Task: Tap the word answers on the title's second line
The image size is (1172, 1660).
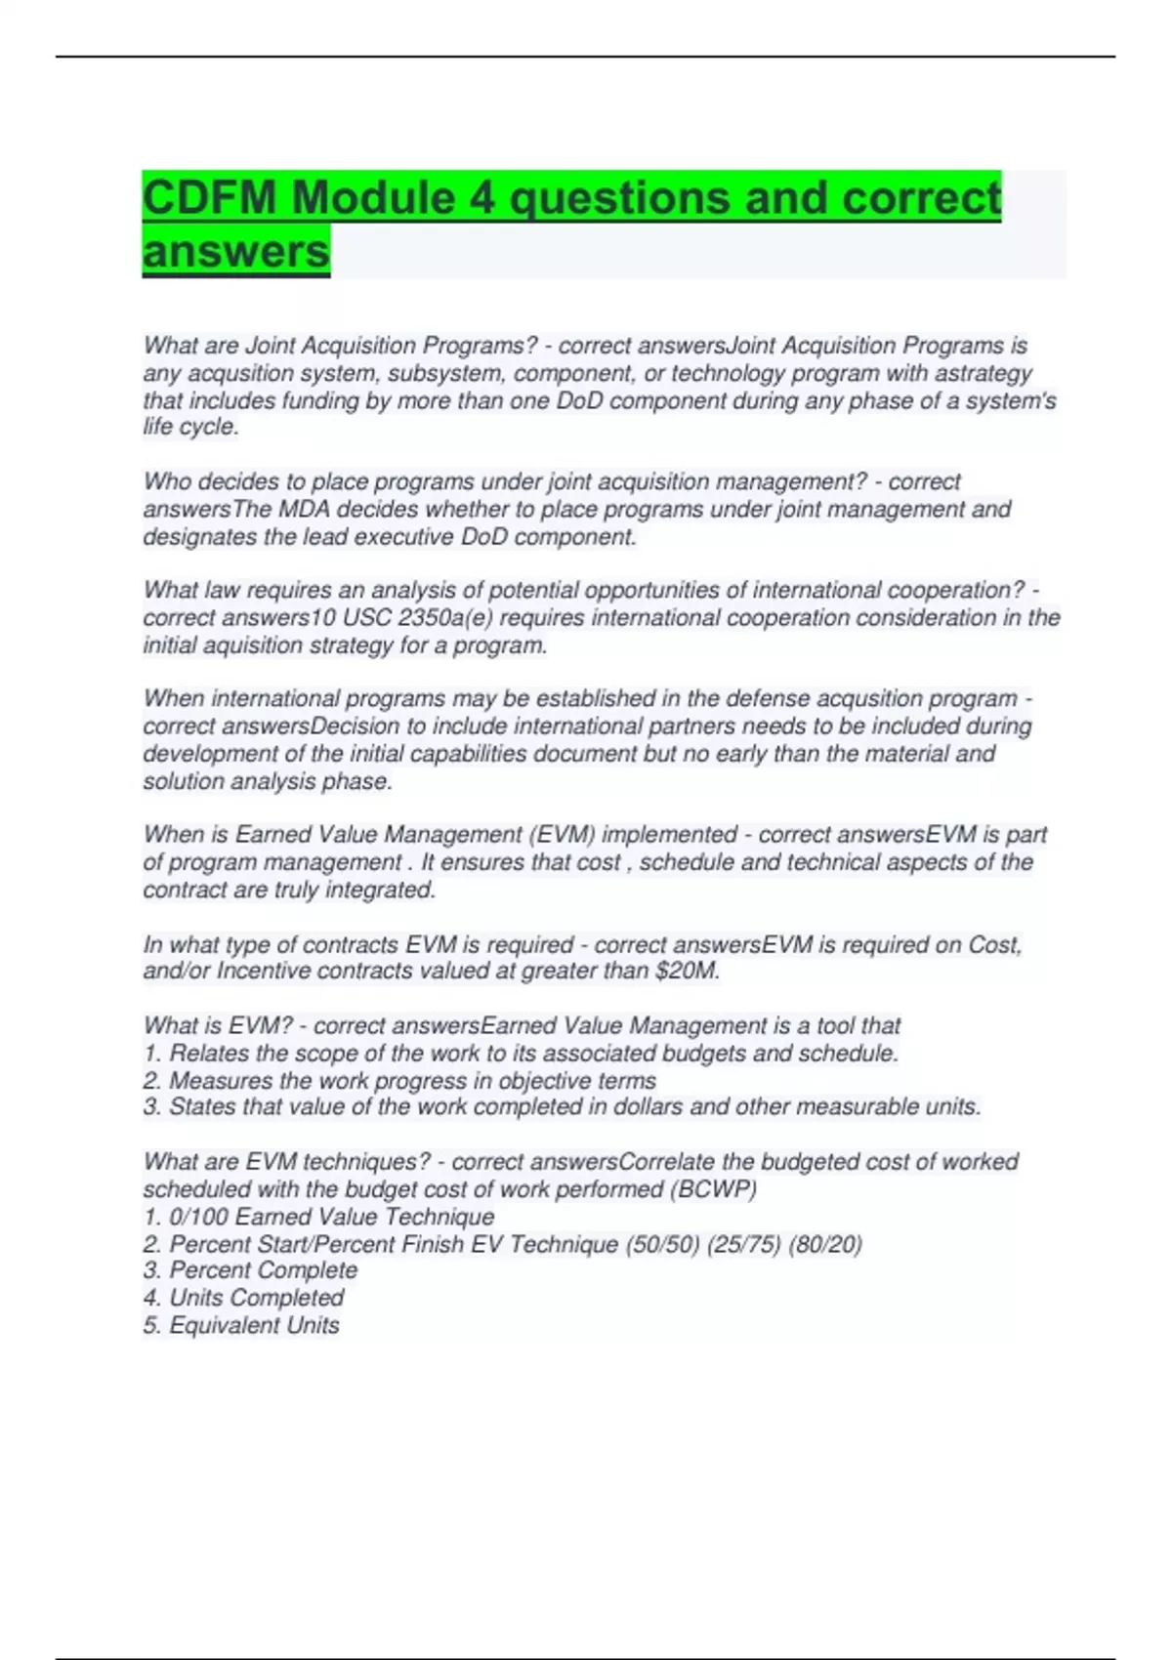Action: tap(236, 252)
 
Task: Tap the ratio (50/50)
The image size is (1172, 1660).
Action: tap(662, 1244)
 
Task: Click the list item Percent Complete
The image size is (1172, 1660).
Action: tap(263, 1270)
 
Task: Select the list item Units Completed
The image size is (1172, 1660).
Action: tap(256, 1298)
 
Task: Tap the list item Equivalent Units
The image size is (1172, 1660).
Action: tap(254, 1325)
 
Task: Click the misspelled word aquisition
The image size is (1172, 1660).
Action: tap(228, 645)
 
